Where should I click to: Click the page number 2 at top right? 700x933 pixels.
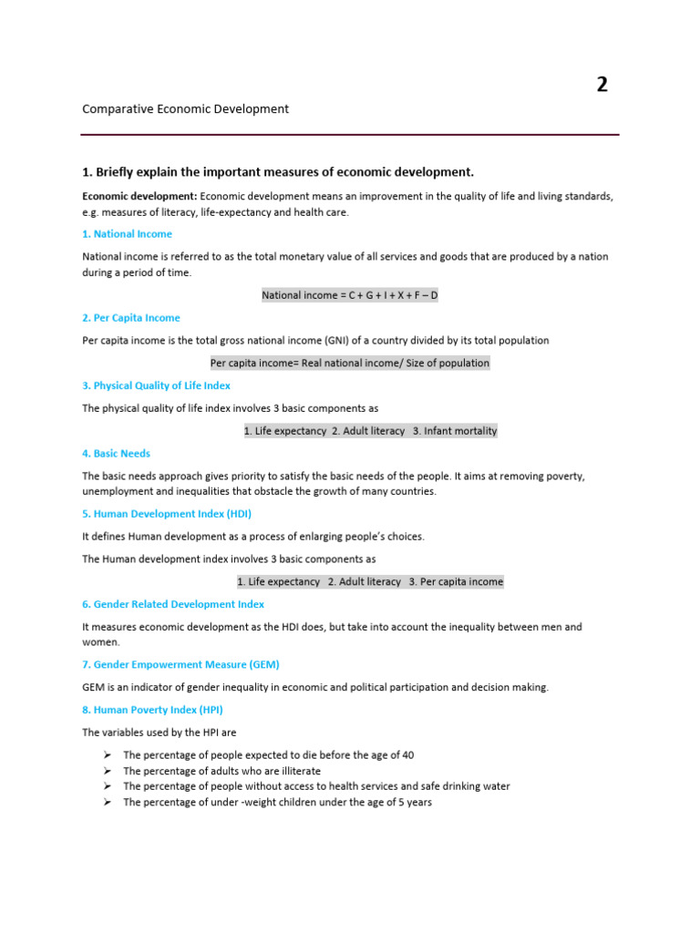pos(602,85)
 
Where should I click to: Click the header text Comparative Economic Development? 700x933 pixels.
pos(185,108)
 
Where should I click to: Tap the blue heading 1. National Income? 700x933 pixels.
pos(127,234)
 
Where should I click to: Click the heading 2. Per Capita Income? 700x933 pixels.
pos(131,318)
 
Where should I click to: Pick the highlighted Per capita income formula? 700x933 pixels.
pos(350,363)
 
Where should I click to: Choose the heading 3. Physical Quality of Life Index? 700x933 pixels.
pos(156,385)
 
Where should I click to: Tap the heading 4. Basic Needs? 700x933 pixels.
pos(116,453)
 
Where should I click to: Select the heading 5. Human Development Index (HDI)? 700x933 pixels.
pos(167,513)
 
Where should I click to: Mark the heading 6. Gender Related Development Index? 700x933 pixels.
pos(173,604)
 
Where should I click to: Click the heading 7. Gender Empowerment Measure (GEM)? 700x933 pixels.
pos(180,664)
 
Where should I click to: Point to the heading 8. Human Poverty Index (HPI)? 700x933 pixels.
pos(152,710)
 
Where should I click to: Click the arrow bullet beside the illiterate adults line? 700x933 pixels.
pos(107,771)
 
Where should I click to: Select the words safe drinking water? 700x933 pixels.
pos(465,786)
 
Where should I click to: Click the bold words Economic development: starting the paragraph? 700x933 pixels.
pos(139,196)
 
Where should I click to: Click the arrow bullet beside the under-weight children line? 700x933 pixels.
pos(107,802)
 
